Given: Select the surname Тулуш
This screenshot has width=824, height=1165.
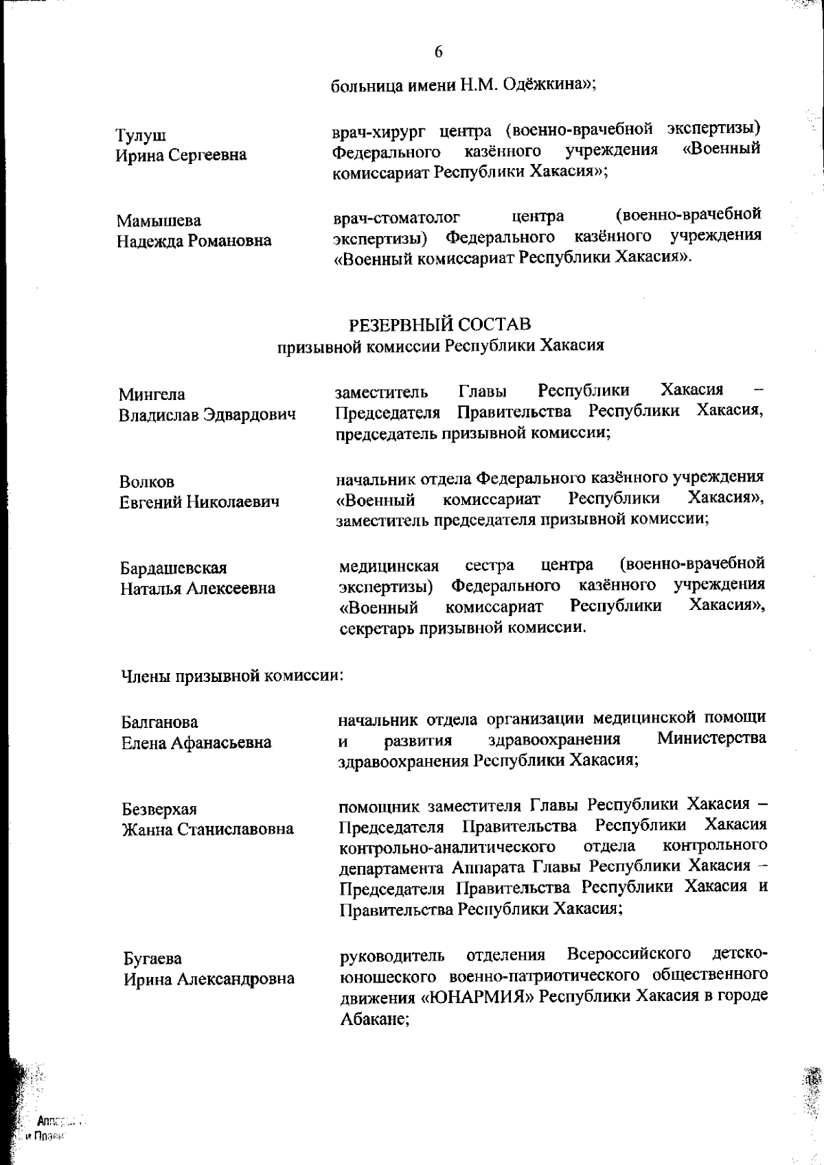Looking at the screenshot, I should [x=141, y=135].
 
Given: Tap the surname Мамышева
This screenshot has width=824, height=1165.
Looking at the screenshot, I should [x=159, y=221].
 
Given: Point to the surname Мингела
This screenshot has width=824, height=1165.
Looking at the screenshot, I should [x=152, y=395].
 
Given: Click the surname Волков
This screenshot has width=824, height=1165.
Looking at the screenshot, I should [x=147, y=482].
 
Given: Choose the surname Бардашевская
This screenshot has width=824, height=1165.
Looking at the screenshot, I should [x=174, y=568].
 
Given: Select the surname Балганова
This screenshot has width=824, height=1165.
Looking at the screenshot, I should [x=159, y=722].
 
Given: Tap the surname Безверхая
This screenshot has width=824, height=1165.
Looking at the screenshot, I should [x=159, y=809].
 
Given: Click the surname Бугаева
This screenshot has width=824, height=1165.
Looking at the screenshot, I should [x=152, y=958].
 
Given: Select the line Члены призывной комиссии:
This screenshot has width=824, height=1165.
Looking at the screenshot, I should [x=232, y=676].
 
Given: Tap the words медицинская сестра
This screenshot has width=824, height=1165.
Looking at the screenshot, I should [x=426, y=566].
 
